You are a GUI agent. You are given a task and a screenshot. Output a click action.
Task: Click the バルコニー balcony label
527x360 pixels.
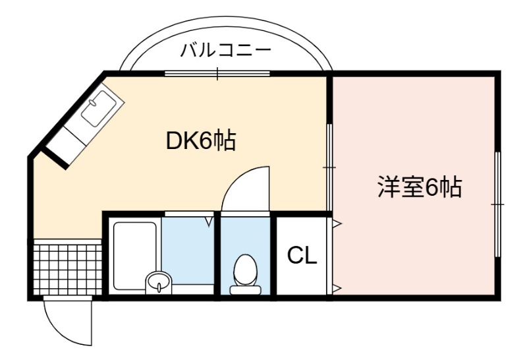coord(225,51)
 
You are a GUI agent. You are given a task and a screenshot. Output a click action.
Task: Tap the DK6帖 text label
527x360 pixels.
coord(201,140)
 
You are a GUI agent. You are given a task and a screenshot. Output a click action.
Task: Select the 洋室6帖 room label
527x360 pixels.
coord(420,187)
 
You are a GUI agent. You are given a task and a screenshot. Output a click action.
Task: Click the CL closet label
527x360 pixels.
coord(302,256)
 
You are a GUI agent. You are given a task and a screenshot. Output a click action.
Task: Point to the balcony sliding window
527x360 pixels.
coord(217,73)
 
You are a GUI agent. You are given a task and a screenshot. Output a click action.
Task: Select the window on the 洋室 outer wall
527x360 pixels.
coord(498,204)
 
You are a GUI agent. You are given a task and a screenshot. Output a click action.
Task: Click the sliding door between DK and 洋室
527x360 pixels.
coord(329,167)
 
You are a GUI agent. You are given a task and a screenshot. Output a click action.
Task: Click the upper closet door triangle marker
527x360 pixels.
coord(337,223)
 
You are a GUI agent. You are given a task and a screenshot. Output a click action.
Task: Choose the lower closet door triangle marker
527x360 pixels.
coord(337,287)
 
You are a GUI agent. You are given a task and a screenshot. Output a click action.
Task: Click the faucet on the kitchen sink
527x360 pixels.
coord(93,102)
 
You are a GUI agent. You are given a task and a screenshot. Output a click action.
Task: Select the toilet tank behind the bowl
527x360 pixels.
coord(245,289)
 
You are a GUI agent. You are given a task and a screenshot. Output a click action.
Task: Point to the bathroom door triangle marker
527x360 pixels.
coord(209,222)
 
